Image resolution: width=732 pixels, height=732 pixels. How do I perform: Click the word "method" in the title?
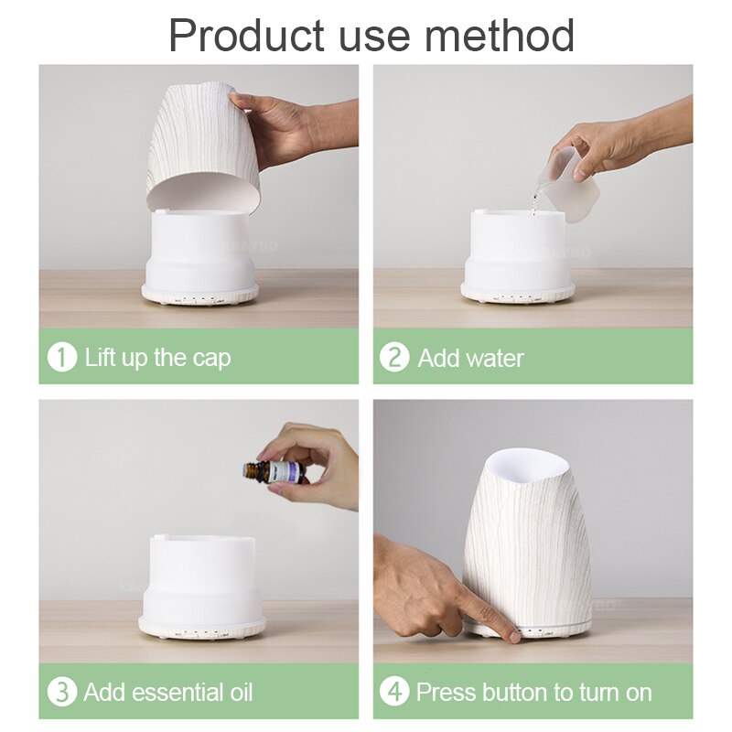tap(502, 35)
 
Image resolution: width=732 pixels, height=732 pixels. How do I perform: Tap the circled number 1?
tap(61, 357)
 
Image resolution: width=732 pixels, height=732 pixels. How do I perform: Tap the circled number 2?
tap(394, 357)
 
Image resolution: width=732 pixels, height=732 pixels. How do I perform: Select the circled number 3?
tap(61, 692)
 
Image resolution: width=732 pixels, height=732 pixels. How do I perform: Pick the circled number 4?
tap(394, 692)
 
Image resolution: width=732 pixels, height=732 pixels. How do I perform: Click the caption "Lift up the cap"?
tap(157, 357)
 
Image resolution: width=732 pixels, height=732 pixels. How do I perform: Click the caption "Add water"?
tap(470, 357)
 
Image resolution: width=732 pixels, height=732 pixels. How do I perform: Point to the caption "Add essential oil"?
tap(168, 692)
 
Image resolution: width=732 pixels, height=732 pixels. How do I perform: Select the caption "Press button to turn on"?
tap(533, 692)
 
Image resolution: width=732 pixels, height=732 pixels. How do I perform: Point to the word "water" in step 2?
tap(494, 357)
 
